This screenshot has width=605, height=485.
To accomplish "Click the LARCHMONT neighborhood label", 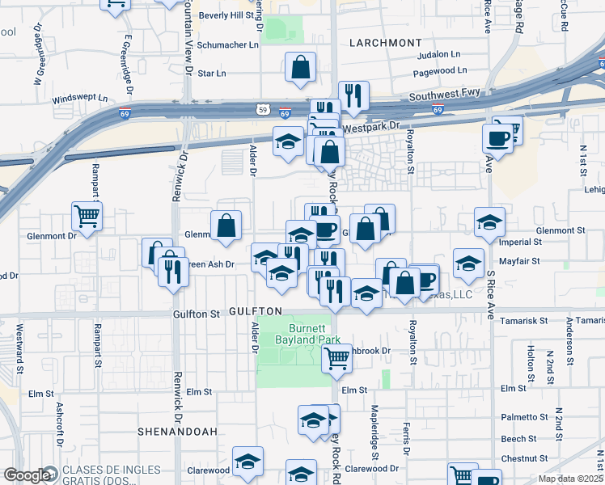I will (386, 42).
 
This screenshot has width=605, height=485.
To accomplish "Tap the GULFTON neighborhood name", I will (255, 311).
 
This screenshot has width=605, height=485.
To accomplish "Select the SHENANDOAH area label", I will (177, 432).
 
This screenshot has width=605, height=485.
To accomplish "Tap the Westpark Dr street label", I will (371, 127).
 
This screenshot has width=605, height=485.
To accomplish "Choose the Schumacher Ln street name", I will (229, 45).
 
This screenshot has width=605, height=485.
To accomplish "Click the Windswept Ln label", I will (80, 99).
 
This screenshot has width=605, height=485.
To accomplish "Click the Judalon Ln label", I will (438, 55).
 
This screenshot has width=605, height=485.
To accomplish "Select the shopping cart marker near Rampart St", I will (87, 216).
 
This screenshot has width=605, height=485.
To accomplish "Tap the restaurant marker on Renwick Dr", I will (171, 271).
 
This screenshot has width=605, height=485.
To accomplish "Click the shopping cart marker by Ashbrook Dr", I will (336, 357).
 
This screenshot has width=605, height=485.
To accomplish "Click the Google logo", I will (27, 475).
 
